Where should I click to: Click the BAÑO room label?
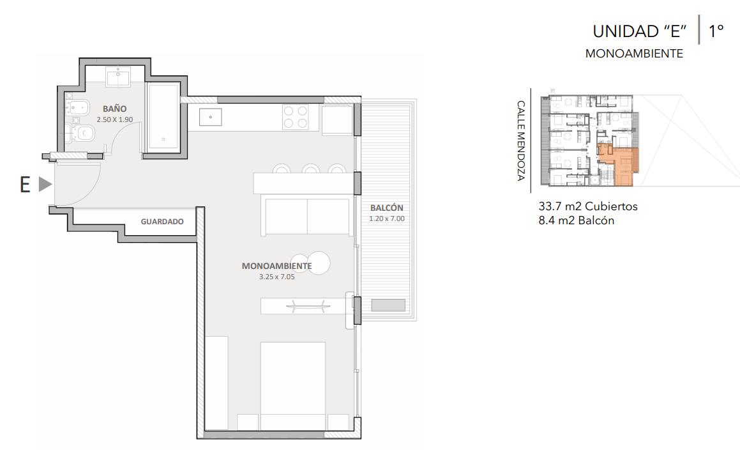pyautogui.click(x=115, y=109)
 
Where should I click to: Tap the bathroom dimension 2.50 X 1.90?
pyautogui.click(x=115, y=119)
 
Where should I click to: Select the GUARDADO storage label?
pyautogui.click(x=162, y=222)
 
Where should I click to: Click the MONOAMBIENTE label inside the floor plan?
pyautogui.click(x=276, y=266)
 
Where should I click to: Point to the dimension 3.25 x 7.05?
pyautogui.click(x=276, y=277)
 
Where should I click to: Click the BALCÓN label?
pyautogui.click(x=386, y=208)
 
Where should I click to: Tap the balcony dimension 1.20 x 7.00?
pyautogui.click(x=386, y=218)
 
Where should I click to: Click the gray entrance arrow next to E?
pyautogui.click(x=45, y=184)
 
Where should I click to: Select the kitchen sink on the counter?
pyautogui.click(x=211, y=117)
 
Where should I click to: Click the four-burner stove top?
pyautogui.click(x=296, y=117)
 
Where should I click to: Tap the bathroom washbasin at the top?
pyautogui.click(x=118, y=77)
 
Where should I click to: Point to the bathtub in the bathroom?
pyautogui.click(x=163, y=118)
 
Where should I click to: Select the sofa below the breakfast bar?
pyautogui.click(x=306, y=217)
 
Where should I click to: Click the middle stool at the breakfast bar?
pyautogui.click(x=311, y=169)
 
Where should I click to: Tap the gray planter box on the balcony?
pyautogui.click(x=388, y=305)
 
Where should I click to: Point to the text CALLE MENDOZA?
pyautogui.click(x=520, y=141)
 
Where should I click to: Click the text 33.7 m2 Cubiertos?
pyautogui.click(x=588, y=206)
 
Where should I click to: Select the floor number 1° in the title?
pyautogui.click(x=716, y=31)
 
